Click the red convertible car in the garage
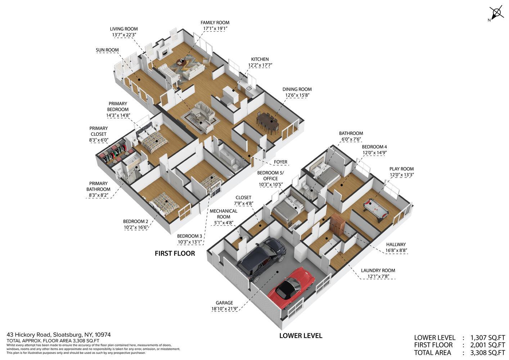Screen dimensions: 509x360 (291, 288)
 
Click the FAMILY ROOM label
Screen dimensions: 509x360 (215, 23)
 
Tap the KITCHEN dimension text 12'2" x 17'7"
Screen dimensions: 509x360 (260, 65)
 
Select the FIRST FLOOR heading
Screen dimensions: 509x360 (175, 253)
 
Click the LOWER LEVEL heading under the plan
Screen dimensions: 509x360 (301, 336)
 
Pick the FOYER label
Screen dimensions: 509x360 (280, 162)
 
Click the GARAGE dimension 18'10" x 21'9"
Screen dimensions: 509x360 (225, 309)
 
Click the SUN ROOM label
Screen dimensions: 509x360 (107, 50)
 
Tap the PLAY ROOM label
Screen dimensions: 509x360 (401, 169)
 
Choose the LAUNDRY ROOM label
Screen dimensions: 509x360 (378, 270)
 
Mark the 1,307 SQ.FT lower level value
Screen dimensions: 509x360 (487, 338)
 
